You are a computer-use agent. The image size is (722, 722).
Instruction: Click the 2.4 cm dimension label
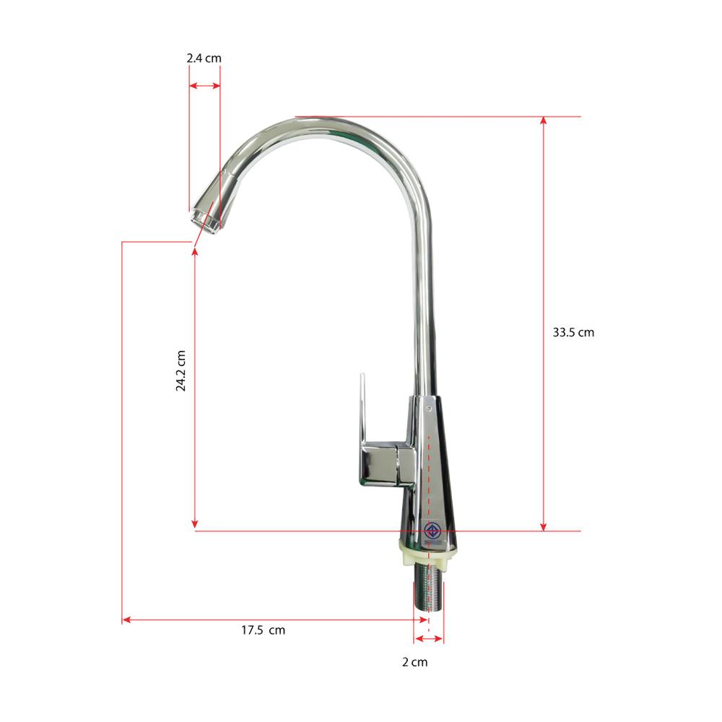point(204,58)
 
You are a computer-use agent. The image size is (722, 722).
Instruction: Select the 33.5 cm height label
point(573,332)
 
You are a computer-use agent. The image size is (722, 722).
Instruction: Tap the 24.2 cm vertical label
point(180,370)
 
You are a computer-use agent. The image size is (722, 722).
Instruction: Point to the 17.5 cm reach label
point(264,630)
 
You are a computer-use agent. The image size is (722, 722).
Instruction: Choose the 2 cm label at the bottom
point(415,662)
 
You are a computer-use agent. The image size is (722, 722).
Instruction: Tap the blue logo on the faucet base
point(432,530)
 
